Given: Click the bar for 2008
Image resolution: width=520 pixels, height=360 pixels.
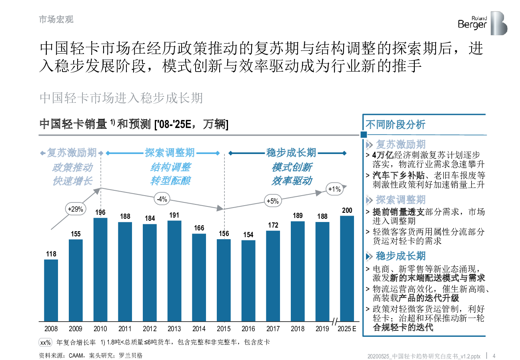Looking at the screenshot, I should pyautogui.click(x=51, y=290).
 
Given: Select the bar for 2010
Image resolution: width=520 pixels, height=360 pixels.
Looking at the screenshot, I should pyautogui.click(x=100, y=270).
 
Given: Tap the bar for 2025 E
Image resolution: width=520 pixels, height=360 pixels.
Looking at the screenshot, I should pyautogui.click(x=347, y=269).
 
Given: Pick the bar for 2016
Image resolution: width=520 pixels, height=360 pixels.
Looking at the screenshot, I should pyautogui.click(x=248, y=281).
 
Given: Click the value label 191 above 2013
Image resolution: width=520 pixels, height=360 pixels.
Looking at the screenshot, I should pyautogui.click(x=174, y=215).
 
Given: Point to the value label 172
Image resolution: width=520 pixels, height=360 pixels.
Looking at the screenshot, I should pyautogui.click(x=273, y=225).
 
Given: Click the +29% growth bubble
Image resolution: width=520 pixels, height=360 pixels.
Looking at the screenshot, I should pyautogui.click(x=75, y=209).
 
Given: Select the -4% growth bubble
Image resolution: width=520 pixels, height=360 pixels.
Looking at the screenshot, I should pyautogui.click(x=162, y=199).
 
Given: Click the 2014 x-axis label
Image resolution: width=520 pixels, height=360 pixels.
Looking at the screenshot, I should pyautogui.click(x=199, y=329).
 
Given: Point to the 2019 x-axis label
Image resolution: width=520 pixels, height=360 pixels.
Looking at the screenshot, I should pyautogui.click(x=322, y=329).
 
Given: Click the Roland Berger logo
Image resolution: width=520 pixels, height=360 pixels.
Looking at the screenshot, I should pyautogui.click(x=482, y=23).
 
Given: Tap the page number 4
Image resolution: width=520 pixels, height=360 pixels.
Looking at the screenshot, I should pyautogui.click(x=494, y=356).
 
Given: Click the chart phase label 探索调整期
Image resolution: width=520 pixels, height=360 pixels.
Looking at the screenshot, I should pyautogui.click(x=170, y=153).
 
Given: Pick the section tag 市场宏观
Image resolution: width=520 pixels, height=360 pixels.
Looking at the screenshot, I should pyautogui.click(x=56, y=20).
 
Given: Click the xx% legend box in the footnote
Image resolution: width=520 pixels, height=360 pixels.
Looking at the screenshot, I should pyautogui.click(x=45, y=342).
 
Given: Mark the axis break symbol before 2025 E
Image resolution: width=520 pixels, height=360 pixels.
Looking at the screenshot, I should pyautogui.click(x=335, y=321).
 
